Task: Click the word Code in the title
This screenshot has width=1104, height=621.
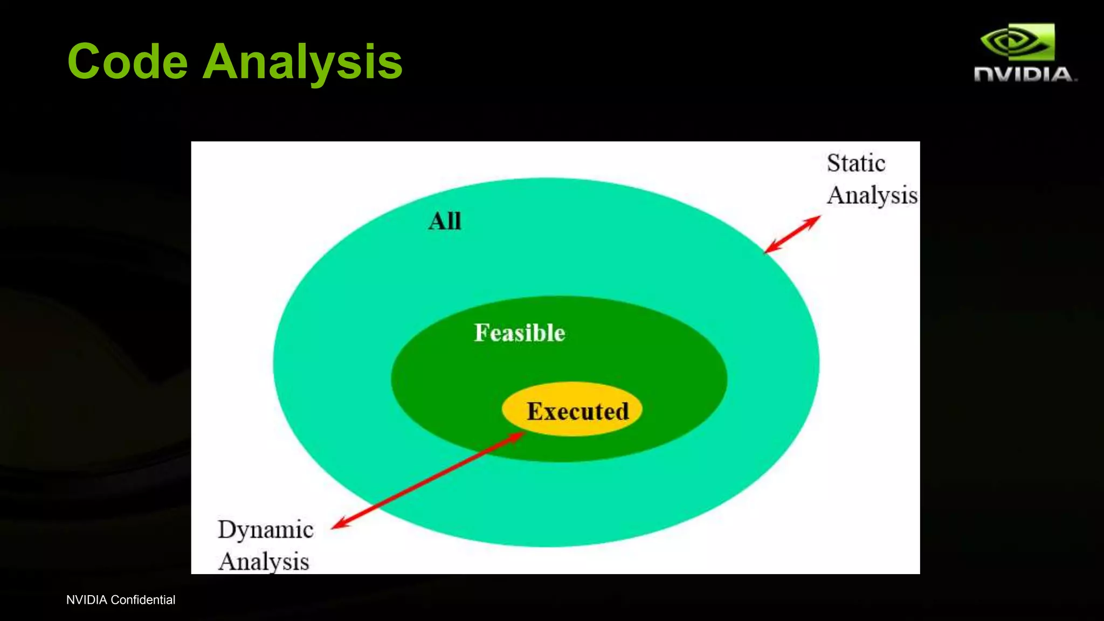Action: [x=127, y=61]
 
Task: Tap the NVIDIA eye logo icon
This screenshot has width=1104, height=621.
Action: [x=1017, y=42]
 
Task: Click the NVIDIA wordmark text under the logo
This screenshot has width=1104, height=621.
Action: [x=1024, y=74]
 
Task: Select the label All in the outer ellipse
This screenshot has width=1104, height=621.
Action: [x=445, y=221]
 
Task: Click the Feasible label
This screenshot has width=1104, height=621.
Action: [x=520, y=333]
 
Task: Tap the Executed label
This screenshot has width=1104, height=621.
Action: [x=577, y=411]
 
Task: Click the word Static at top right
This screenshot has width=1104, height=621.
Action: [x=856, y=163]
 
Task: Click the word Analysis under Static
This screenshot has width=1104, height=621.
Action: [x=872, y=195]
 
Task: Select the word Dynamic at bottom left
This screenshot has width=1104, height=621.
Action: [x=265, y=529]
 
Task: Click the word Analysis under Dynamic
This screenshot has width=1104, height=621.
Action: [x=264, y=562]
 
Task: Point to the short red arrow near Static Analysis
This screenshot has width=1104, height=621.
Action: [x=792, y=234]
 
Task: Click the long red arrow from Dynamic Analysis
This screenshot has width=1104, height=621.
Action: [x=426, y=481]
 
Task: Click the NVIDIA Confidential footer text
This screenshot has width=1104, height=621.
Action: [x=121, y=600]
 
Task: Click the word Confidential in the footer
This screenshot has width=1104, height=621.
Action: [x=143, y=600]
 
